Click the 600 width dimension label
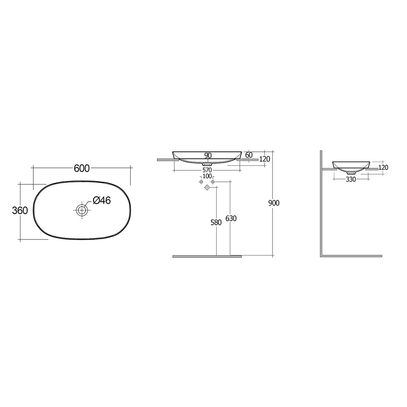(81, 168)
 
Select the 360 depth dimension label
(20, 211)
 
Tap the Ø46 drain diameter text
(101, 201)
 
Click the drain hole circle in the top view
(81, 210)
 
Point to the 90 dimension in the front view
(207, 155)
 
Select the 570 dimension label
(207, 170)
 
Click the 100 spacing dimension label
(207, 176)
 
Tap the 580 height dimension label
(216, 223)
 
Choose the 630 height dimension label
(231, 218)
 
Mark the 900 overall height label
(274, 203)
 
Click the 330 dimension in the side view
(351, 179)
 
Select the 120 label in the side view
(383, 168)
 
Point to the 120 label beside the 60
(264, 159)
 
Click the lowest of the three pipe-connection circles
(207, 188)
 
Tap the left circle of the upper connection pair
(201, 182)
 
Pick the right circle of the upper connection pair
(213, 182)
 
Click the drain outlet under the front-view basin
(207, 163)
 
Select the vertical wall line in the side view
(321, 203)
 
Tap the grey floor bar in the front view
(207, 256)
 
